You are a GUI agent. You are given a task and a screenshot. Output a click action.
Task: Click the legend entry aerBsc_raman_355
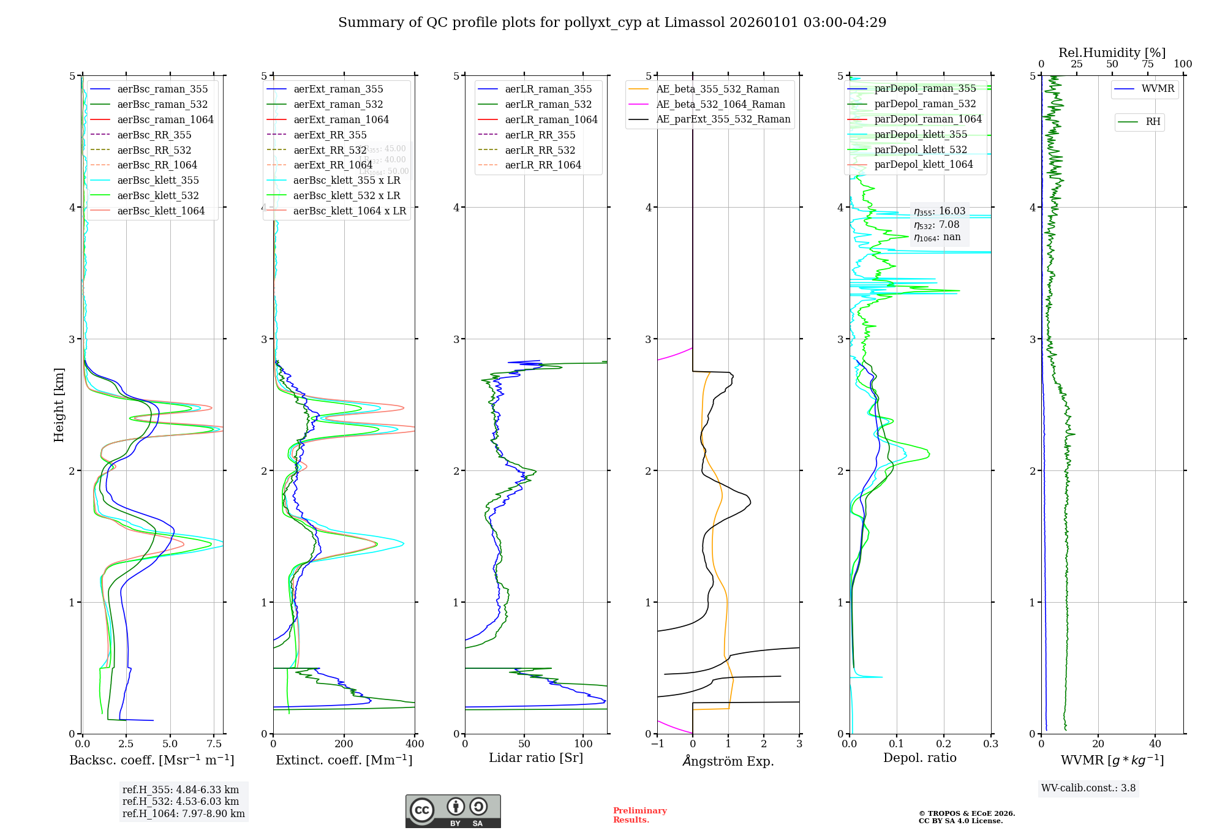(x=162, y=89)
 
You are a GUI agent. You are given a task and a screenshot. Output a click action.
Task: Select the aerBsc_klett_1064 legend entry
(x=160, y=211)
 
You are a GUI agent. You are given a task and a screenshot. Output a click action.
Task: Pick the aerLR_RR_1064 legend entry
(x=543, y=165)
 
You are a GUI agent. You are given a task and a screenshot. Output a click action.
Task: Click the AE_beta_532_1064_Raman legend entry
(x=720, y=105)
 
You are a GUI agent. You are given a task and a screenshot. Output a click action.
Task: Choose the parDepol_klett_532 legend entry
(x=921, y=150)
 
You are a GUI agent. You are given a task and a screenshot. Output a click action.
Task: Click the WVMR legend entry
(x=1158, y=89)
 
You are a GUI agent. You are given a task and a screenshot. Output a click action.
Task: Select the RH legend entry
(x=1153, y=122)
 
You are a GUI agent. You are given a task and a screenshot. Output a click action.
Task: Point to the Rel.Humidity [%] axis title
(x=1112, y=53)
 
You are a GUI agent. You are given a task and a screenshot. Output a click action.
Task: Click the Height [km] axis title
(x=59, y=405)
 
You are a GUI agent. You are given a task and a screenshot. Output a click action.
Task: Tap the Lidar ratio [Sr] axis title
(x=536, y=758)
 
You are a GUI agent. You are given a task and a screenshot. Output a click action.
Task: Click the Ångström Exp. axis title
(x=728, y=761)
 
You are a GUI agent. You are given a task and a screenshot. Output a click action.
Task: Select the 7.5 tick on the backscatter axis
(x=214, y=744)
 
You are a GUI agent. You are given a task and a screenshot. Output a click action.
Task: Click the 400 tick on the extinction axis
(x=415, y=744)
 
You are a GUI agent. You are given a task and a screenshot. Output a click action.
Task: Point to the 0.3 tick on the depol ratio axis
(x=990, y=744)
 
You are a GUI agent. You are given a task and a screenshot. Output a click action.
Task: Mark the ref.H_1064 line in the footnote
(x=183, y=814)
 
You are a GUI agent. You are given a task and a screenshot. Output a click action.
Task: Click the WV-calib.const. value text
(x=1088, y=788)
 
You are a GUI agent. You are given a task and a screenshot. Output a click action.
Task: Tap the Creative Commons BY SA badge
(x=453, y=812)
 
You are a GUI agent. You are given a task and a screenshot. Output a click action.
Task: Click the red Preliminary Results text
(x=639, y=815)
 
